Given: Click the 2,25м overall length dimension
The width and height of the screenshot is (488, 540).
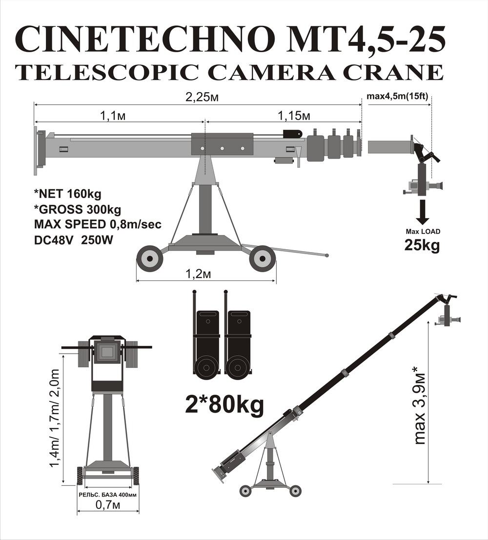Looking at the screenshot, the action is coord(203,98).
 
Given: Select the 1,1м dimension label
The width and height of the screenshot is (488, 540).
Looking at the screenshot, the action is coord(113,116).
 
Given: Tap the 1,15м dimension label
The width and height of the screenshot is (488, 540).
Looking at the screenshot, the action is coord(294,116).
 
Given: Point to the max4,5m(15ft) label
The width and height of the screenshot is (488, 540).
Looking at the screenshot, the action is coord(397,96).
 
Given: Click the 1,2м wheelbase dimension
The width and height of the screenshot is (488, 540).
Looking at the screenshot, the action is coord(198,274).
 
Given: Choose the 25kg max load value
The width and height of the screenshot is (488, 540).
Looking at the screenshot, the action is coord(422,245).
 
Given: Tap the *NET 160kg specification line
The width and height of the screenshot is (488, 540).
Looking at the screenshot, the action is coord(68,194).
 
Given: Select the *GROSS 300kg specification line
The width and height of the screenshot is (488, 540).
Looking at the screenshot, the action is coord(78,209).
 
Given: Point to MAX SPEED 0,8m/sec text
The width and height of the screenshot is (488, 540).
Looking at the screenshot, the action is coord(98,224).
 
